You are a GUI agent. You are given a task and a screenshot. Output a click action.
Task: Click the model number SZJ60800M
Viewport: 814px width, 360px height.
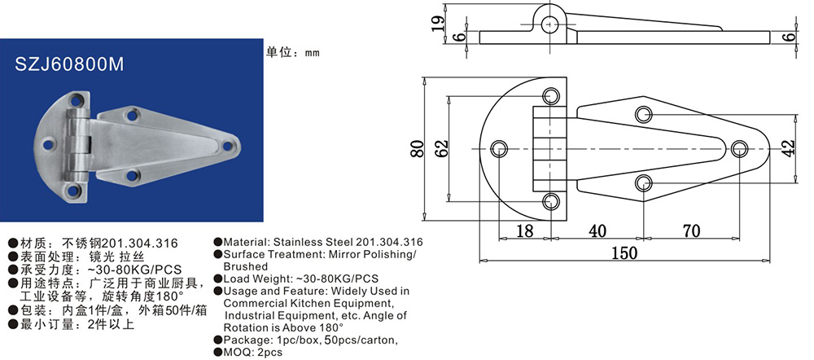point(69,64)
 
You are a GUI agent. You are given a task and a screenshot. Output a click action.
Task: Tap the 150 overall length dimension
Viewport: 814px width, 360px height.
point(624,252)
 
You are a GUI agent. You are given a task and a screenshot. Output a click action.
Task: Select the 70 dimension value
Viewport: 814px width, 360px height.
point(691,230)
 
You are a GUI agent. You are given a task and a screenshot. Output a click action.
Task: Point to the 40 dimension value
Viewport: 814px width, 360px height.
point(597,230)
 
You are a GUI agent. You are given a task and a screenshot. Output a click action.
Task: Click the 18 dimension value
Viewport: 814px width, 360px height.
point(525,230)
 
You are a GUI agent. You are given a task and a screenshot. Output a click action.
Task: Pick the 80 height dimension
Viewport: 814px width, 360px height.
point(418,149)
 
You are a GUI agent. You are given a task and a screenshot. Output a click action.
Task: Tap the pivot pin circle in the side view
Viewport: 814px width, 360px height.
point(549,24)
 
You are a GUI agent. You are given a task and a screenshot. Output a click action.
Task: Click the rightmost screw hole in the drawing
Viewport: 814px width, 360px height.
point(739,148)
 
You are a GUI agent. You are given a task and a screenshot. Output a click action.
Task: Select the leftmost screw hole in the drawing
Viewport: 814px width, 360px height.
point(500,148)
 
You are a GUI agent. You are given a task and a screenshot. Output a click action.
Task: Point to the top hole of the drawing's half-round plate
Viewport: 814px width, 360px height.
point(551,96)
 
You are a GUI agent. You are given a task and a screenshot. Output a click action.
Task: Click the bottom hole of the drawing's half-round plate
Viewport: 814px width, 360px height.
point(551,201)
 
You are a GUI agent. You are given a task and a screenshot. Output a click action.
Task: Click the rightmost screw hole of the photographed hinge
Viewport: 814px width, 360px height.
point(227,146)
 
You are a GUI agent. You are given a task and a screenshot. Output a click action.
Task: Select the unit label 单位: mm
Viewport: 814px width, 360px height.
point(293,52)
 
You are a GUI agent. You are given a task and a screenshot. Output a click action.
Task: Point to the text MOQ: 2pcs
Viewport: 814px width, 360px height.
point(253,353)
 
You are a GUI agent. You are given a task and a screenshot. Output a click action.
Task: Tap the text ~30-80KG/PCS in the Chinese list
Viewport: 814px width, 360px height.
point(136,270)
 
